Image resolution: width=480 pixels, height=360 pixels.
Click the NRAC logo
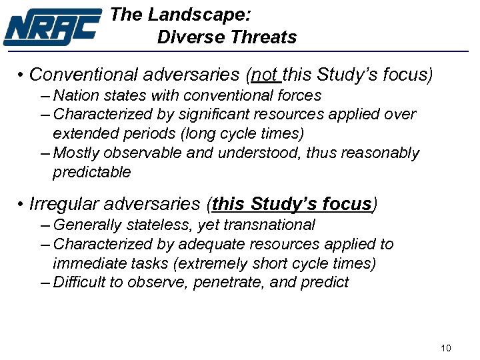click(x=52, y=27)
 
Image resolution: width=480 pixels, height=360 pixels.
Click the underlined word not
click(x=265, y=74)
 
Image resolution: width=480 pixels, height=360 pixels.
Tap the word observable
click(x=133, y=153)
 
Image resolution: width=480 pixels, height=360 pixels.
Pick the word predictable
click(x=92, y=172)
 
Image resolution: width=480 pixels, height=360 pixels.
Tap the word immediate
click(x=84, y=263)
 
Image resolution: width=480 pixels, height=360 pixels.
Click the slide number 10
click(x=447, y=348)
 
